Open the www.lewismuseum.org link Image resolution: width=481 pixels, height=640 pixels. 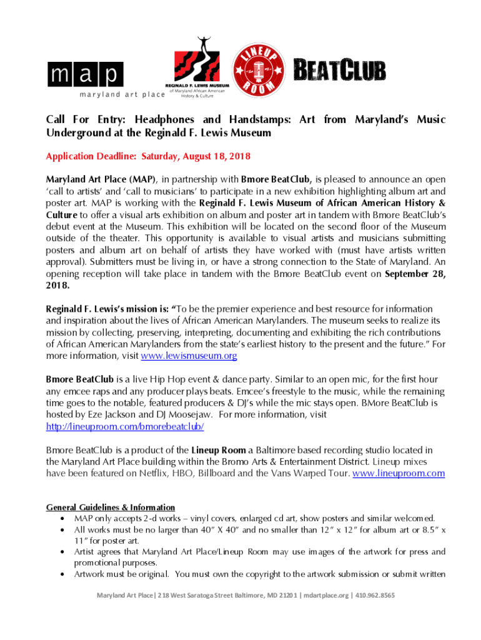point(189,356)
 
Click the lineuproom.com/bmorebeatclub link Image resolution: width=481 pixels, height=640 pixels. point(125,426)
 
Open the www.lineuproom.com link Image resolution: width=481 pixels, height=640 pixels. point(399,473)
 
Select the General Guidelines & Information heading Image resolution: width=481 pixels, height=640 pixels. point(111,507)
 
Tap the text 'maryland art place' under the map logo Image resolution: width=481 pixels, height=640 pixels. point(122,94)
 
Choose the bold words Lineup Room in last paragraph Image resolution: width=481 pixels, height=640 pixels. point(219,449)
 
